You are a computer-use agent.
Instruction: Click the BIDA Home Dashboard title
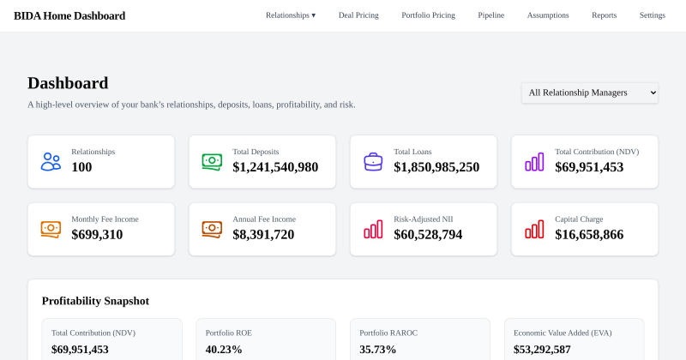(69, 15)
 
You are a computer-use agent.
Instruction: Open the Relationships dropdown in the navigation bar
(291, 15)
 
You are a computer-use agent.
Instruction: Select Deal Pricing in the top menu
(358, 15)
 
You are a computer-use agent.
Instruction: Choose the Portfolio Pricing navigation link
(428, 15)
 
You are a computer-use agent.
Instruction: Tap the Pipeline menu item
(490, 15)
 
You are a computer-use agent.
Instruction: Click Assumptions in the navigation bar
(548, 15)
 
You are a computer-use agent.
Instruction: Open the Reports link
(605, 15)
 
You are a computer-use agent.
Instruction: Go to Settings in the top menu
(653, 15)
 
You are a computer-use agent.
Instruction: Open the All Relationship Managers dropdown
(590, 93)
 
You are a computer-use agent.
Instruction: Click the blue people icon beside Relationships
(51, 162)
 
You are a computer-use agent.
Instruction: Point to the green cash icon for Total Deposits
(212, 162)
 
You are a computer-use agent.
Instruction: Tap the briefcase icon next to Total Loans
(373, 162)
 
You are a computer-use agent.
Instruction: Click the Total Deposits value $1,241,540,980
(275, 167)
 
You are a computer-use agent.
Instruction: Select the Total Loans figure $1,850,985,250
(436, 167)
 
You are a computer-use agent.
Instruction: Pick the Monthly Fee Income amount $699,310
(97, 235)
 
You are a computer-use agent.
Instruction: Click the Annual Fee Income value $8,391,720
(263, 235)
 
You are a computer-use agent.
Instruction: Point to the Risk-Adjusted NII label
(424, 219)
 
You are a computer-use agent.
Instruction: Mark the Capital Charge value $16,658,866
(589, 235)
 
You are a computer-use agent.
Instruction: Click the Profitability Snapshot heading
(95, 301)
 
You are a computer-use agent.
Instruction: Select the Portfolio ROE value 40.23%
(224, 350)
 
